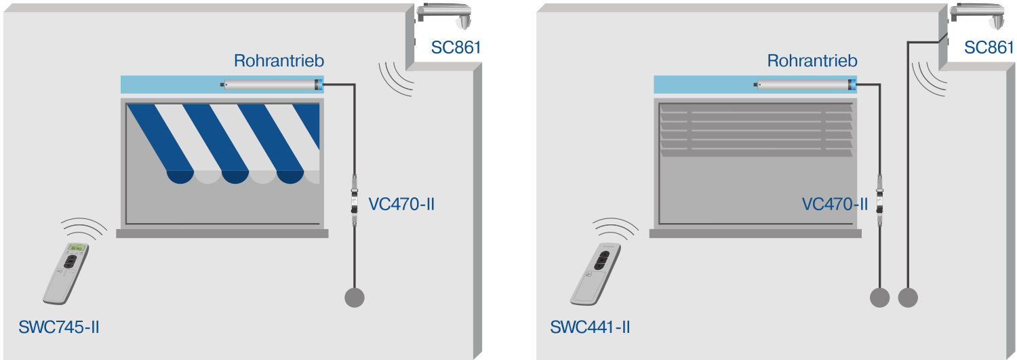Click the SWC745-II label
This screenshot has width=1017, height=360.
coord(60,327)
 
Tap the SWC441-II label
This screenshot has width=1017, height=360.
coord(590,327)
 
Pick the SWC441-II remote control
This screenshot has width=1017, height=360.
coord(597,272)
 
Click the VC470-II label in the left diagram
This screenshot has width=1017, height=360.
coord(401,203)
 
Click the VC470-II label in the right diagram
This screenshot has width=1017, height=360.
coord(835,203)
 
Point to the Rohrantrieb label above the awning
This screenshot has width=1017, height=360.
coord(279,60)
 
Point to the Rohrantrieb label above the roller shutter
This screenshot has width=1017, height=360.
coord(812,60)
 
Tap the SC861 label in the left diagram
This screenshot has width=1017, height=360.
coord(455,47)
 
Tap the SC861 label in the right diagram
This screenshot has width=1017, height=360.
coord(988,47)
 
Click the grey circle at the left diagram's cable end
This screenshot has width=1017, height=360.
coord(355,297)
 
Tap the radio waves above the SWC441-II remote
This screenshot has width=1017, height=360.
coord(616,227)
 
